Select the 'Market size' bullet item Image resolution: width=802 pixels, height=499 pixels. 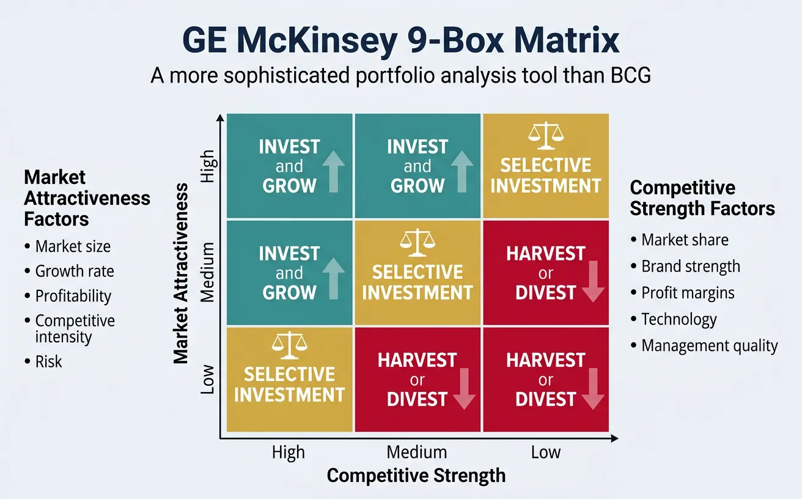click(x=73, y=246)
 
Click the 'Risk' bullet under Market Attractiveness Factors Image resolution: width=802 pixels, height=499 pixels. click(x=48, y=361)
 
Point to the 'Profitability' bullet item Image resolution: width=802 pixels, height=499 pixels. click(x=73, y=296)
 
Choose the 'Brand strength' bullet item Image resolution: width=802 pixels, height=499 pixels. click(x=690, y=267)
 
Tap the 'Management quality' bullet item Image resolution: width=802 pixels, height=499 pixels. click(x=709, y=346)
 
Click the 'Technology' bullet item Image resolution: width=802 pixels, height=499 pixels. click(x=679, y=319)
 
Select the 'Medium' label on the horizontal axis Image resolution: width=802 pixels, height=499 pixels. click(x=417, y=453)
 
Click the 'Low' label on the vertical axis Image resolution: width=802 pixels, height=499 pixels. click(x=207, y=379)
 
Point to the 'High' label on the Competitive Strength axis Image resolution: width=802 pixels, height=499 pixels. click(x=288, y=453)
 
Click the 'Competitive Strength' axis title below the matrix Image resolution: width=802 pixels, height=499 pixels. click(x=416, y=476)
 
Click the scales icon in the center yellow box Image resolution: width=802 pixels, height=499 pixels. click(x=418, y=242)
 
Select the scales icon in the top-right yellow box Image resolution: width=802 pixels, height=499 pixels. click(x=545, y=136)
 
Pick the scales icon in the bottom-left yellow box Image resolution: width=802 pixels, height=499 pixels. click(x=289, y=346)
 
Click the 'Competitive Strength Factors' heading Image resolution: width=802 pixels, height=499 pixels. click(x=702, y=198)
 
